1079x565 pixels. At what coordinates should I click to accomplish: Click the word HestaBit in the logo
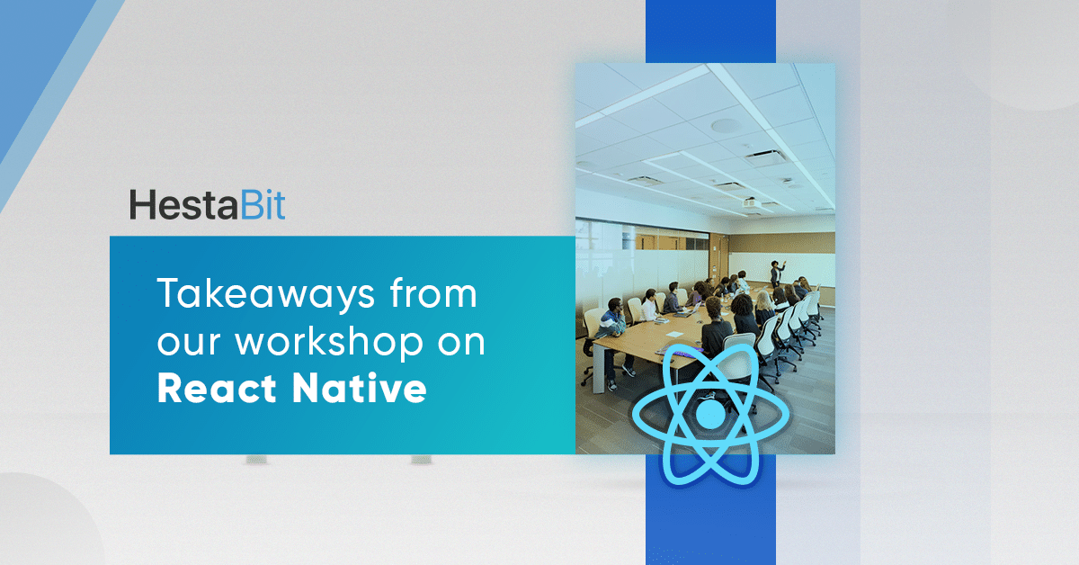point(207,205)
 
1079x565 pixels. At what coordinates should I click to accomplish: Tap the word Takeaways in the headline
point(266,294)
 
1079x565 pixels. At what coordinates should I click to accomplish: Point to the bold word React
point(217,388)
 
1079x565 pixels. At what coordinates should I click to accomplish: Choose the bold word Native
point(360,388)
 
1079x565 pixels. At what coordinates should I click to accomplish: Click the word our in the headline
point(188,344)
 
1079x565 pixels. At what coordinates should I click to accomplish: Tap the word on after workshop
point(461,344)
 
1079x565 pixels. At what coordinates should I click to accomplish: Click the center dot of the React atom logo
point(710,414)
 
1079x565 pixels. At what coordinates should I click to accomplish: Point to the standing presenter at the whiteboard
point(776,274)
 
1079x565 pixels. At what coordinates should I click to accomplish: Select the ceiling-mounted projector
point(752,203)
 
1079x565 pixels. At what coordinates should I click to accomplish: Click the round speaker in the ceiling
point(726,126)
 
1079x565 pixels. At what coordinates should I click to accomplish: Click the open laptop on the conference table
point(691,311)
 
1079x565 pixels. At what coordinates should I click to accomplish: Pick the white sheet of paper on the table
point(674,334)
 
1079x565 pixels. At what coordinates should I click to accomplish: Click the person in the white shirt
point(650,306)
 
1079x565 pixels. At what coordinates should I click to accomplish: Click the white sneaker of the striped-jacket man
point(629,371)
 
